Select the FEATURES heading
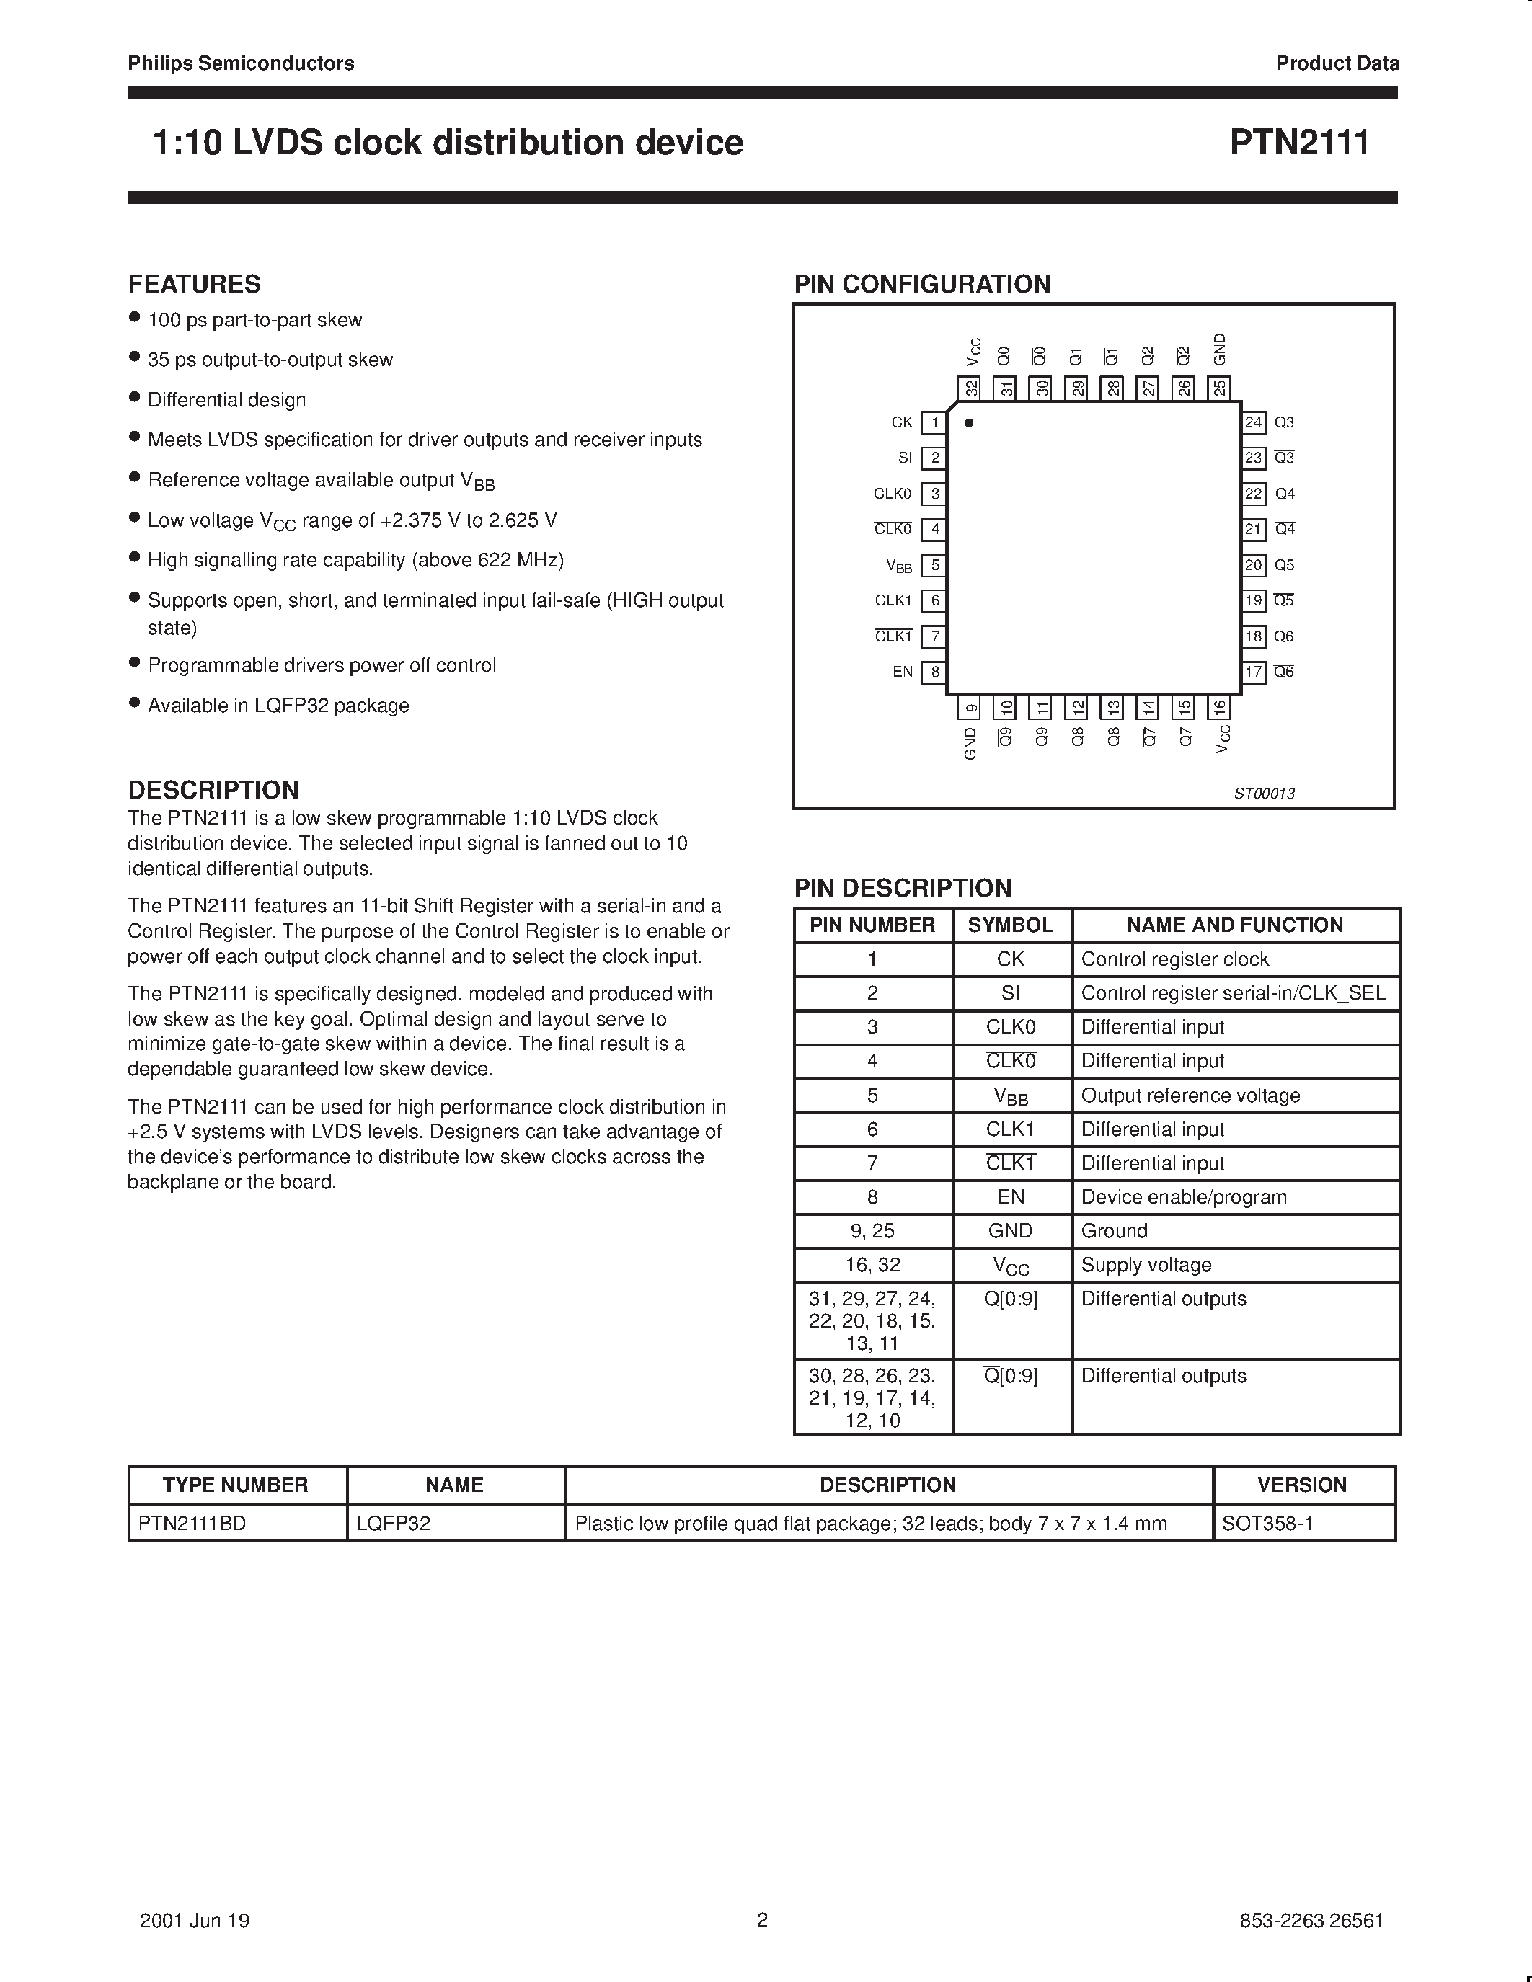(194, 284)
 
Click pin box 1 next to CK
(934, 423)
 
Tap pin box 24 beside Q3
(1254, 423)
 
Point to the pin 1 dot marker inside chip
(969, 423)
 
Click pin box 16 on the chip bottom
(1219, 707)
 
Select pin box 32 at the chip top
(971, 388)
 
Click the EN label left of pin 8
(902, 672)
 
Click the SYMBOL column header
(1010, 925)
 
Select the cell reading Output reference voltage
(1190, 1096)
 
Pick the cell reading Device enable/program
(1184, 1197)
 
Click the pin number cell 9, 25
(872, 1230)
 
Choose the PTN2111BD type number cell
(192, 1524)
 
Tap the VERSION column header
(1301, 1485)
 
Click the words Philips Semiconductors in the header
(241, 63)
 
